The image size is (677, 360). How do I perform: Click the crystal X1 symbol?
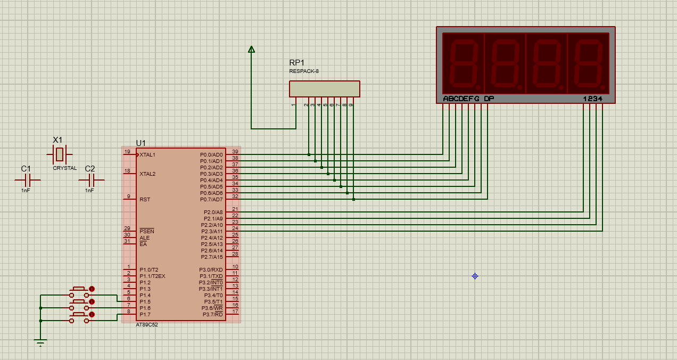click(60, 154)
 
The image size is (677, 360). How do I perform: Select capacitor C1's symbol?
click(28, 180)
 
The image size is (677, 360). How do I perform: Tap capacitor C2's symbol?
click(91, 180)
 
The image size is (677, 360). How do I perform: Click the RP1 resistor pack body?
click(324, 89)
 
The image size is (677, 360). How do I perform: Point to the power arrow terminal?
click(251, 50)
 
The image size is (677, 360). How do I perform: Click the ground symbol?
click(40, 342)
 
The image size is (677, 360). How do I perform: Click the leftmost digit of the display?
click(464, 63)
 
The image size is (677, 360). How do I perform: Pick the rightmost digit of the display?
click(589, 63)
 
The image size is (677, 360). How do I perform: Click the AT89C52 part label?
click(147, 325)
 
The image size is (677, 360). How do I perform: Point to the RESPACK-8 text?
click(304, 71)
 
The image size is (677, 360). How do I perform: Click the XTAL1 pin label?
click(147, 155)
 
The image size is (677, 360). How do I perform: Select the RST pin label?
click(145, 200)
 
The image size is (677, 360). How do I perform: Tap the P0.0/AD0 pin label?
click(211, 155)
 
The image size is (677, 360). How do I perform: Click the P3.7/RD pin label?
click(213, 315)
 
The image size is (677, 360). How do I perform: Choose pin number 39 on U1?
click(235, 152)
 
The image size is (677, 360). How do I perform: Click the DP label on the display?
click(489, 99)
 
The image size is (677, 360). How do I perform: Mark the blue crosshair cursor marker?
click(475, 276)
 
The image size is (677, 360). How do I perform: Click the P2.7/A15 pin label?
click(212, 257)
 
